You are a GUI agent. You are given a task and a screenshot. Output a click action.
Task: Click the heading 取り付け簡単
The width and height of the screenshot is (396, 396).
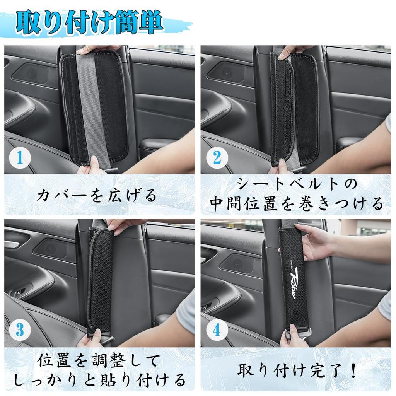point(89,24)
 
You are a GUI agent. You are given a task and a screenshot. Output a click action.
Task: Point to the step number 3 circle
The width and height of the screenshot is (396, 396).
point(18,331)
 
